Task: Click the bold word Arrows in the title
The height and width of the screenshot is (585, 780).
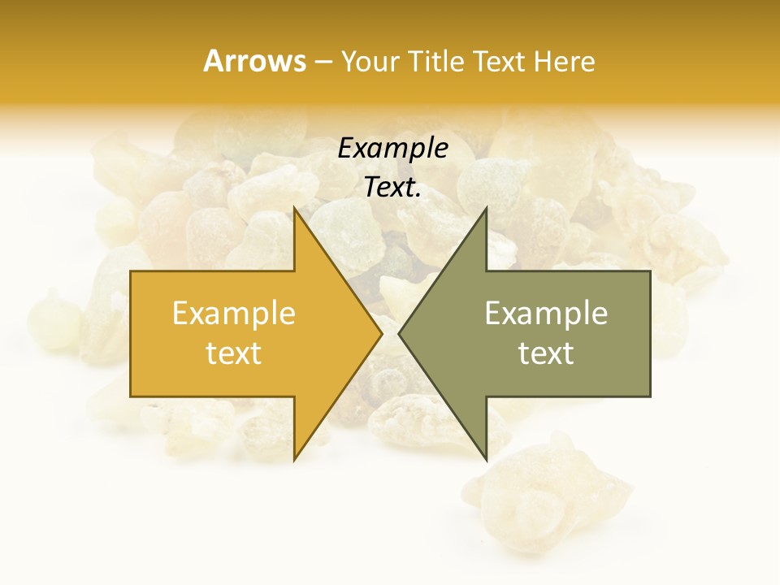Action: pos(254,61)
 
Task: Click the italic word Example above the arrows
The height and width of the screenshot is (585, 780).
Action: pos(392,149)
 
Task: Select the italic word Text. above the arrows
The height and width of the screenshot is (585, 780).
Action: pos(392,187)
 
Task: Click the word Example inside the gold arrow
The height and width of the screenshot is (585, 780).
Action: pos(233,314)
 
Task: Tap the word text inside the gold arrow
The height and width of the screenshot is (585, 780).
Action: pos(233,353)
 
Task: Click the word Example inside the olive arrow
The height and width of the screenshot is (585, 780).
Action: pos(546,314)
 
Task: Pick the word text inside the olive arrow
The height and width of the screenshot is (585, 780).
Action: pos(546,353)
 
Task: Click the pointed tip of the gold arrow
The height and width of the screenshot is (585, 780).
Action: pos(382,334)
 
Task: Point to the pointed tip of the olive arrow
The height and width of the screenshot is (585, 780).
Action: pos(399,334)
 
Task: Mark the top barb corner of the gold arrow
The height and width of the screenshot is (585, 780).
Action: pos(294,208)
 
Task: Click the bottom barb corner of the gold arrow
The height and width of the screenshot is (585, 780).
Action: pos(294,460)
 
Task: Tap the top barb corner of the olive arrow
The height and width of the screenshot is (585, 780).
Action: pos(486,208)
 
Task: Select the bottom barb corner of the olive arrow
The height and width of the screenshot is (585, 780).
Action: pos(486,460)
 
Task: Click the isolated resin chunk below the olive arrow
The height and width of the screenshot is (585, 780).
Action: pos(544,496)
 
